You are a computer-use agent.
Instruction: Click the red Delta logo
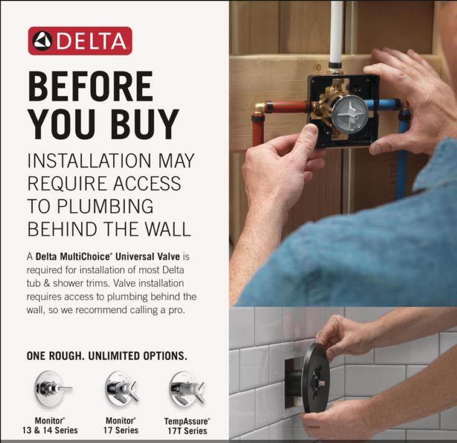(80, 41)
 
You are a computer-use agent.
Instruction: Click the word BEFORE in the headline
(91, 86)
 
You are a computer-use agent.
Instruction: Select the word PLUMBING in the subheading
(104, 206)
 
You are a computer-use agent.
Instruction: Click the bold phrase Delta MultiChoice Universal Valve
(108, 256)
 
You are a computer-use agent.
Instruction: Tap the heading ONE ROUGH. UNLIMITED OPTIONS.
(107, 356)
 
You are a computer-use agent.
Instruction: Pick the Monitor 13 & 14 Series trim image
(51, 389)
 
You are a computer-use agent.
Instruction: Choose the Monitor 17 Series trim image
(121, 389)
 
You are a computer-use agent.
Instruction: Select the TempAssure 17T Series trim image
(187, 389)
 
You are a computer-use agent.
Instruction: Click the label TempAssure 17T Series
(187, 426)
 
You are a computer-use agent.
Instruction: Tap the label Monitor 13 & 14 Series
(50, 426)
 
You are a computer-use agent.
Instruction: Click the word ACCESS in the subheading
(147, 183)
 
